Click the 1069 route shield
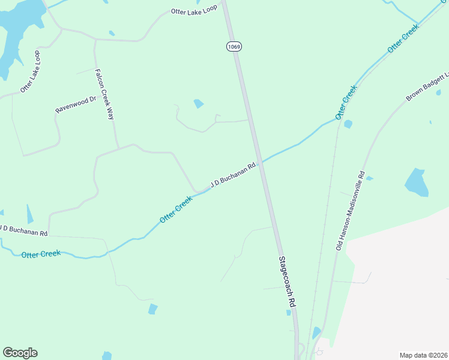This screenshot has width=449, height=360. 234,46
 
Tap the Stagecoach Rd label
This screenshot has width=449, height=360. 287,283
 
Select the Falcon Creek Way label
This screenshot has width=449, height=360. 104,94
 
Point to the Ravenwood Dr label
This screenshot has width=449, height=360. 76,105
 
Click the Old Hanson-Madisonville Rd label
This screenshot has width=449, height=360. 350,211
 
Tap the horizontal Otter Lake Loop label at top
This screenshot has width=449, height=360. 193,11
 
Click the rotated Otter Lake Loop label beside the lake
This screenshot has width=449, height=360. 30,71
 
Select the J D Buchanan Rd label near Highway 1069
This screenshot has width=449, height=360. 234,173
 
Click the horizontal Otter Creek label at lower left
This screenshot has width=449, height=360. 41,254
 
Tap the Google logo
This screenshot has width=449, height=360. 20,353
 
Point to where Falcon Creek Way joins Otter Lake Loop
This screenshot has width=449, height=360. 95,40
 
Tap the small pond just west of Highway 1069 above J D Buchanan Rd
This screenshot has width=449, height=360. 199,104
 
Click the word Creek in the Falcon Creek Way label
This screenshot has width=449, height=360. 104,95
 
